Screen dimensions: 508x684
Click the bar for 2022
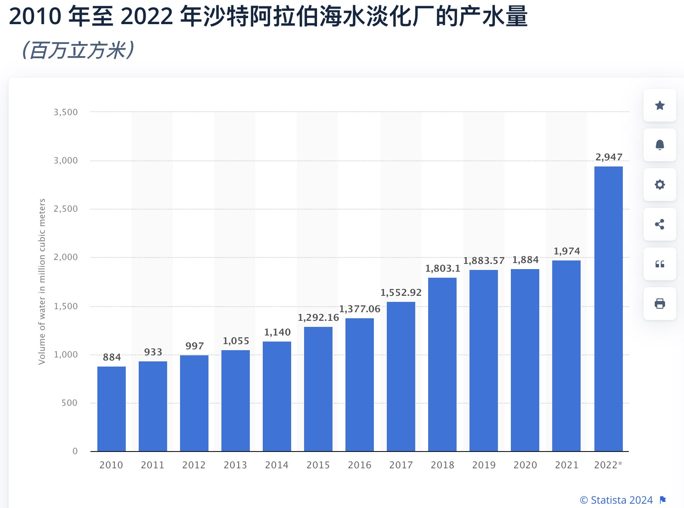point(608,308)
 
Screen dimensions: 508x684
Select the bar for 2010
point(112,408)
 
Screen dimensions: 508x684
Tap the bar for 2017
point(401,376)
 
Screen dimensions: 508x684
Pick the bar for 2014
point(277,396)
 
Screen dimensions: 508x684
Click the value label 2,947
point(609,157)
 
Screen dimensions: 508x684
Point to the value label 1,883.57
point(484,261)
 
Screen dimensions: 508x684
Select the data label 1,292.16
point(318,318)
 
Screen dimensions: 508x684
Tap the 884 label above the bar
point(112,357)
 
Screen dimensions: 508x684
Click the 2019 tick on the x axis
point(484,465)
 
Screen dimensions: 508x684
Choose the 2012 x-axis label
point(194,465)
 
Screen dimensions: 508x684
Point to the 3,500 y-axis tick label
point(65,113)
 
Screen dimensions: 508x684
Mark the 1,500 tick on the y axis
point(65,306)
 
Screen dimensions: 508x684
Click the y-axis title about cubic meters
point(42,281)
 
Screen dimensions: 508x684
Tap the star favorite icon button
point(659,105)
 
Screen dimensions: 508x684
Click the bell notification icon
point(659,145)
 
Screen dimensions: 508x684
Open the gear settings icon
point(659,185)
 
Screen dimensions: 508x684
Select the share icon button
point(659,224)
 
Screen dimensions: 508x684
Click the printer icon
point(659,304)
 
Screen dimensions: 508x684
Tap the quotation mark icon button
point(659,264)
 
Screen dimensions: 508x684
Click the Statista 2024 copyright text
point(616,500)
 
